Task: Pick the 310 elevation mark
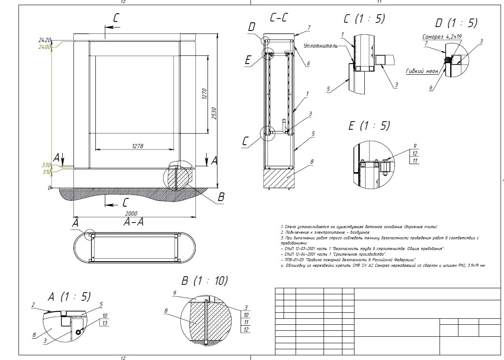point(46,172)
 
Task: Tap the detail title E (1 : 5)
point(369,125)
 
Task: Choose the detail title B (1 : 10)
point(205,281)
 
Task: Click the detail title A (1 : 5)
point(70,296)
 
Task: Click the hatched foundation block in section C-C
point(279,177)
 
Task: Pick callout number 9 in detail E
point(403,146)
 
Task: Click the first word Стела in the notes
point(289,226)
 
